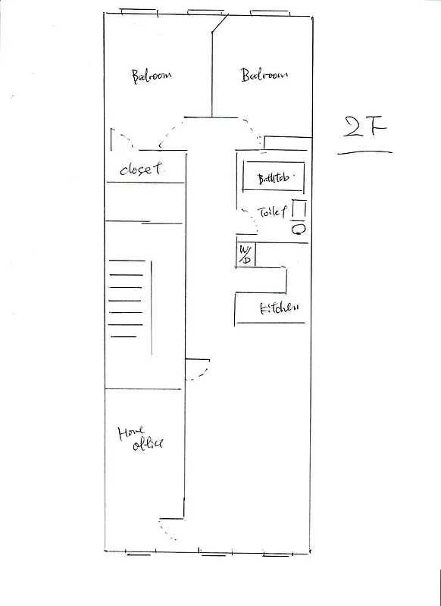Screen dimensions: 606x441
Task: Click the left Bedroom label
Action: tap(152, 76)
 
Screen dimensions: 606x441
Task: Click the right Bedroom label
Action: tap(264, 75)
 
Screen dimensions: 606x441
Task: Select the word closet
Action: tap(141, 170)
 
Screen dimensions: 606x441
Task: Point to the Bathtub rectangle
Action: tap(273, 178)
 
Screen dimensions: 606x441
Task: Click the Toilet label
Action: tap(273, 214)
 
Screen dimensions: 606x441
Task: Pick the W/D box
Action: tap(245, 255)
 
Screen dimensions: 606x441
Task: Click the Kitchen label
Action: tap(279, 308)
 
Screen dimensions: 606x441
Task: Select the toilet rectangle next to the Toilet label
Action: tap(299, 210)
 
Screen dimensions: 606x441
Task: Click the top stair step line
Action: tap(127, 261)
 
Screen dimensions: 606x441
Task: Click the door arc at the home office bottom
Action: tap(168, 530)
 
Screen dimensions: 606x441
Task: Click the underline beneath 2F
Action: tap(364, 152)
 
